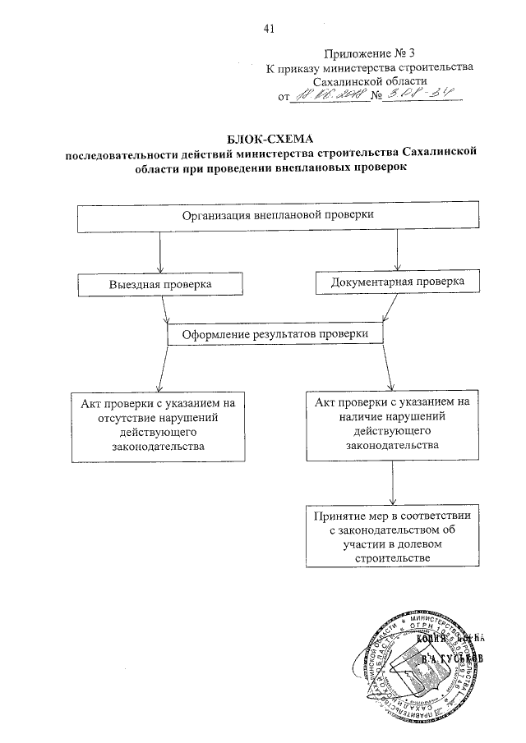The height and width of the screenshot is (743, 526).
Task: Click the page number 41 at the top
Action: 268,30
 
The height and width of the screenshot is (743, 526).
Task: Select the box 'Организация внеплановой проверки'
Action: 279,216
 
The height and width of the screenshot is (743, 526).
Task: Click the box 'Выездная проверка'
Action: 160,283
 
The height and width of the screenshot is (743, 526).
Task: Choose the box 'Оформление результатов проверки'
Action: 276,335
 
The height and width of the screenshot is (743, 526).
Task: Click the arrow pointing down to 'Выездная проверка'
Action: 160,264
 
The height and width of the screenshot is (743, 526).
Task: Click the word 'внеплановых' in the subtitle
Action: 328,167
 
